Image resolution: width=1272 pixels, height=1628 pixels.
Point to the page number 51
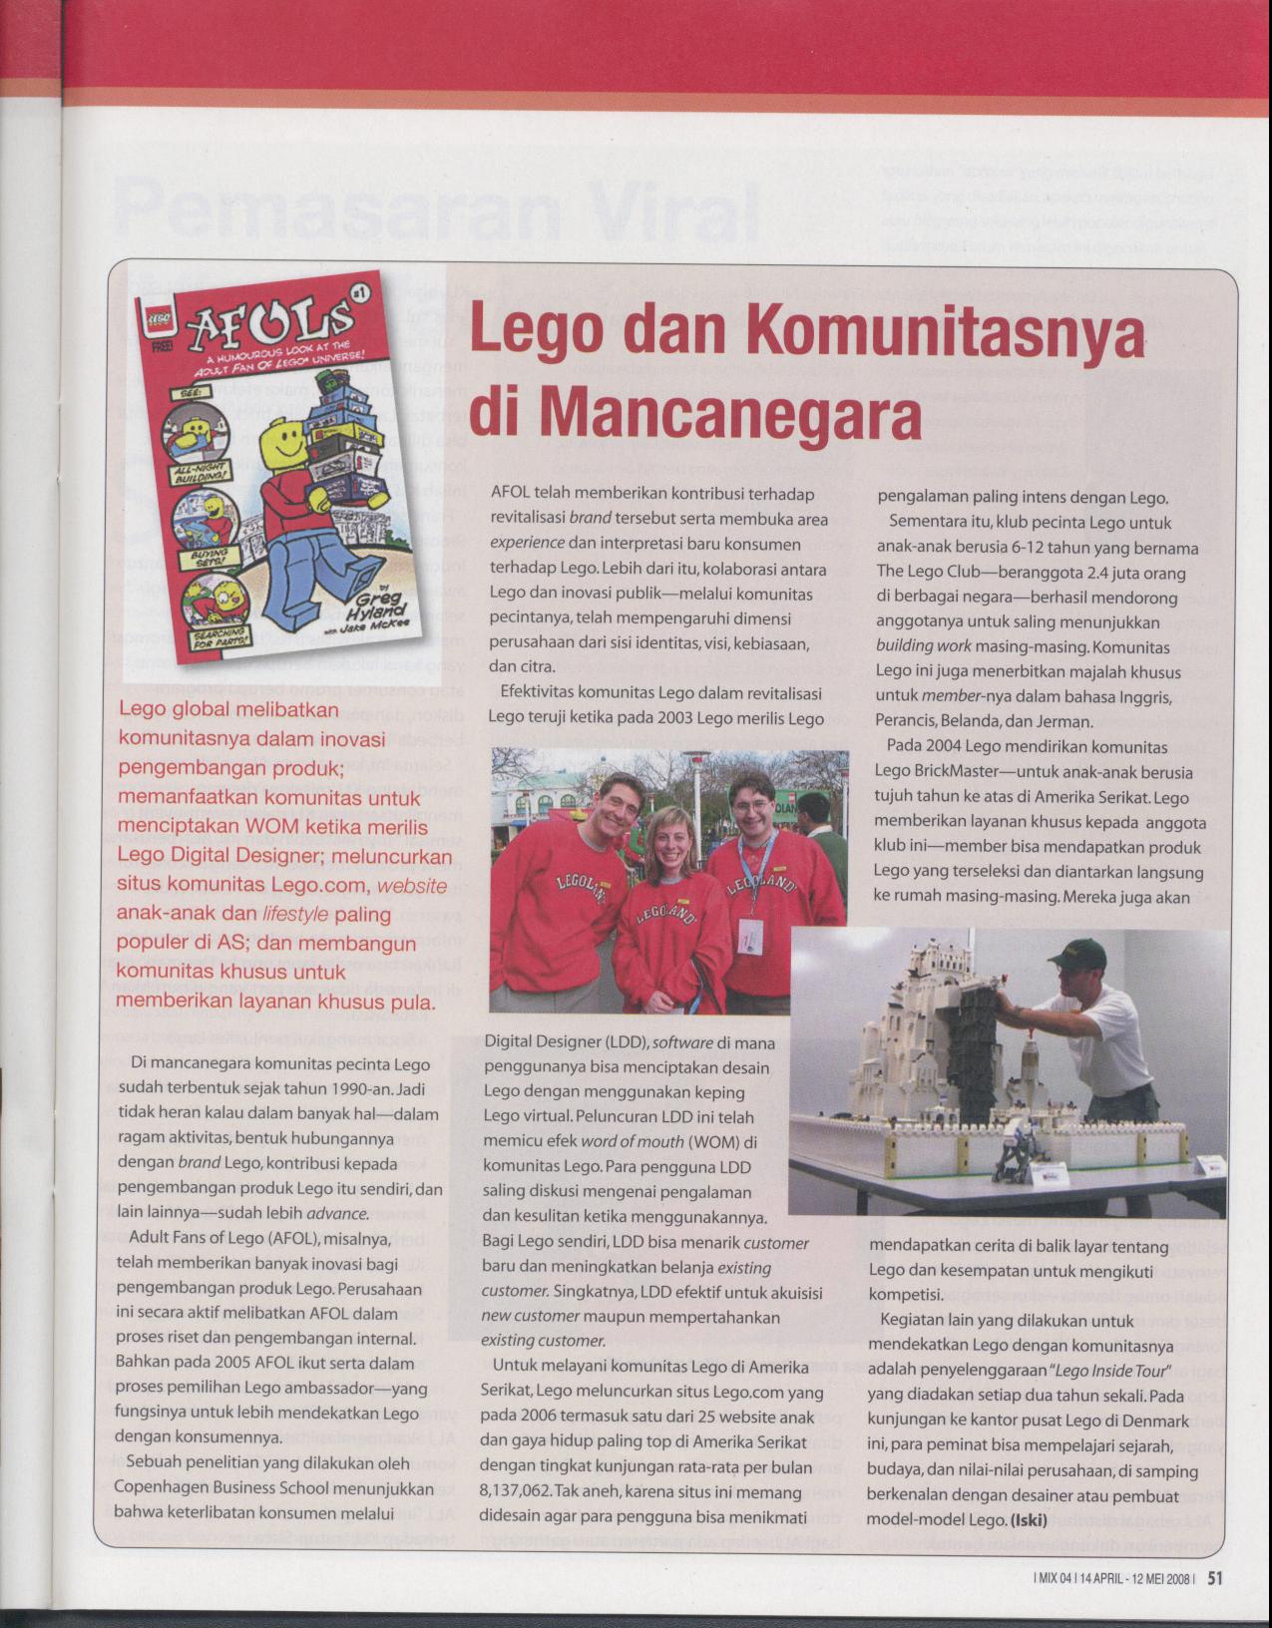1215,1578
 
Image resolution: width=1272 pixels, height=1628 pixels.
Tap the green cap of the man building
1081,955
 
